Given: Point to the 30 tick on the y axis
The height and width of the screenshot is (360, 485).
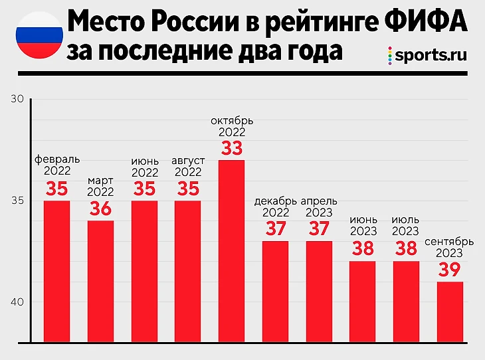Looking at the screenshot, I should [17, 99].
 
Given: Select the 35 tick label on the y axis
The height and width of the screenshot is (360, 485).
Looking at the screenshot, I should [17, 201].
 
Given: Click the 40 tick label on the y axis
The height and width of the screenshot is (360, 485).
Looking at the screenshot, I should [17, 302].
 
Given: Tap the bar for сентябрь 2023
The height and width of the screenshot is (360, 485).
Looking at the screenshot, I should [450, 312].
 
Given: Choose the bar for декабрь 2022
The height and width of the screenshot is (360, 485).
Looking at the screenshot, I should [275, 292].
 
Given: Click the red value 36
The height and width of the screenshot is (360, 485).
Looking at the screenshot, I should [100, 209].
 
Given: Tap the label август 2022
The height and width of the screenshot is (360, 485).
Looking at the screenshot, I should [189, 167].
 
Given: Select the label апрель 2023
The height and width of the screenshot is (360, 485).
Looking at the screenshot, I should [319, 207].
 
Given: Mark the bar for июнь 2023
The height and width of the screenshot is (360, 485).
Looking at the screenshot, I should [362, 302].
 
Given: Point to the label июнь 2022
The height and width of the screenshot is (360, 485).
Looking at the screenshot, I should [144, 167].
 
